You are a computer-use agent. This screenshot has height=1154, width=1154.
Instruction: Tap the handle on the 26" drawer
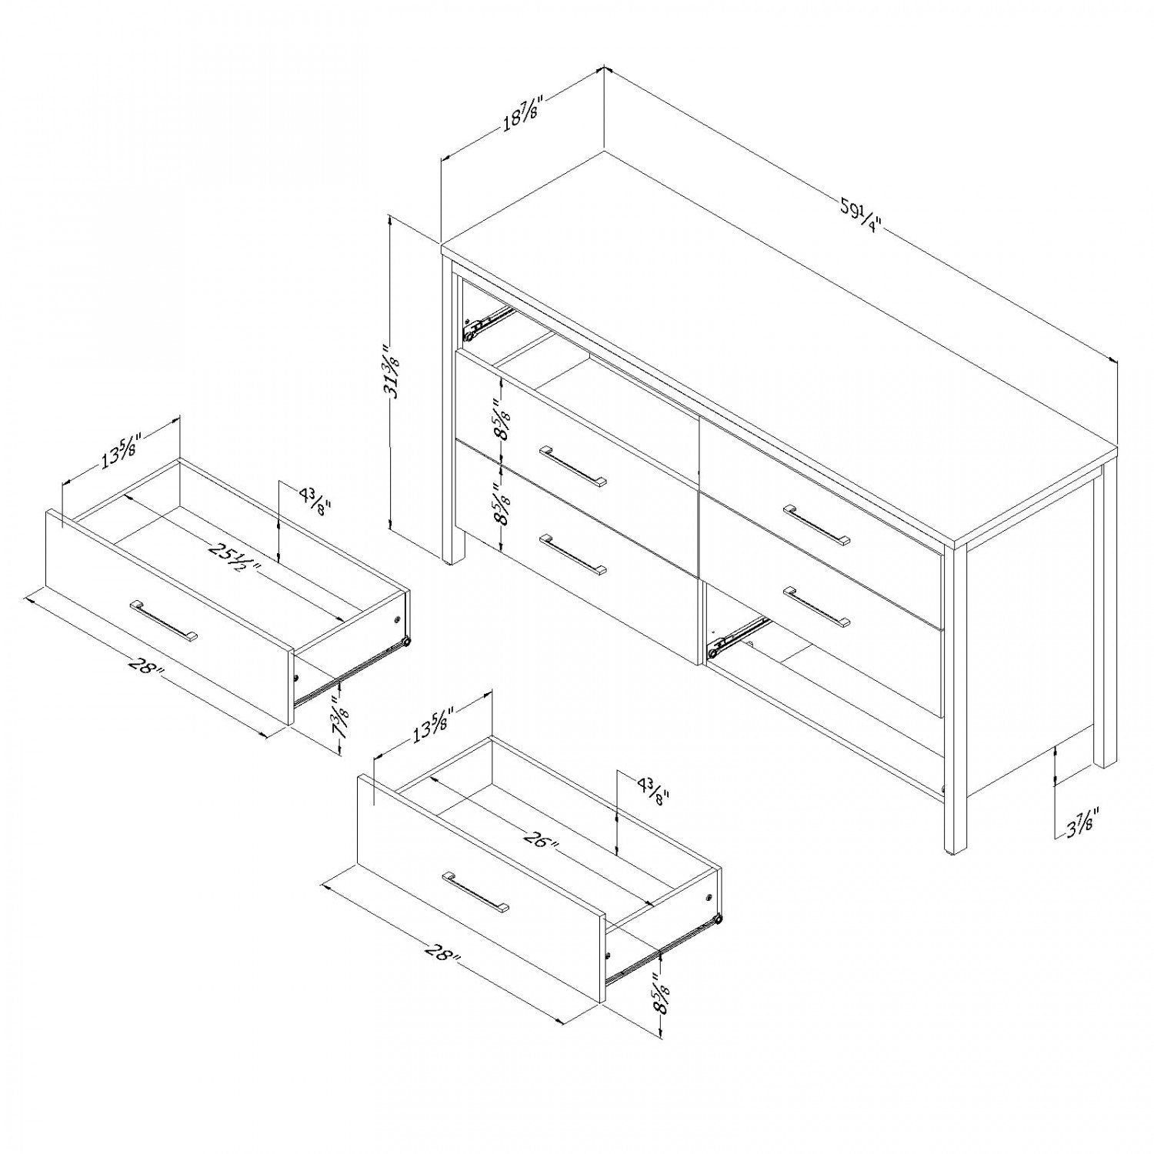point(475,892)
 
